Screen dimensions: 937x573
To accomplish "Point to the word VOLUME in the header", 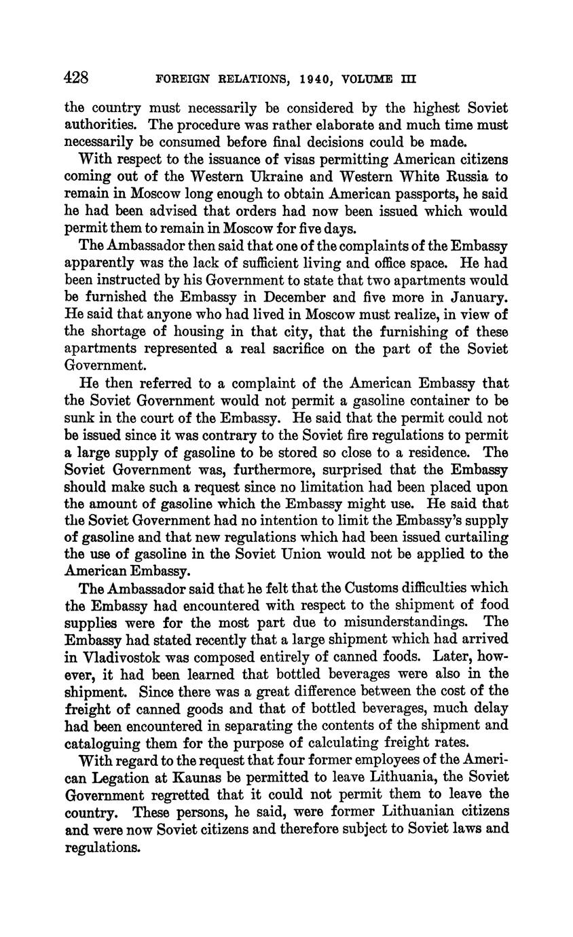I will (367, 79).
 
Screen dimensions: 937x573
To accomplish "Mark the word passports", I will (428, 194).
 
